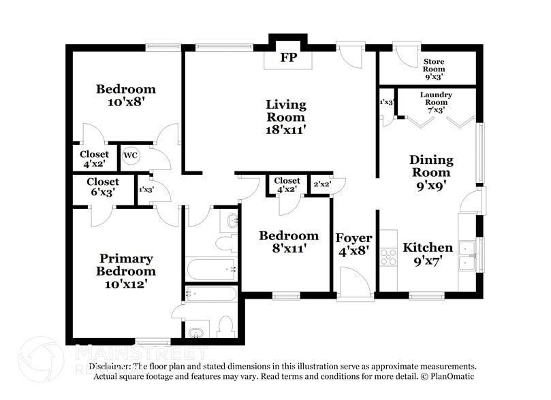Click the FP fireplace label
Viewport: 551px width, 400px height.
pos(288,58)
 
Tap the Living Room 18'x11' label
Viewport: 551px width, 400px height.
pos(285,116)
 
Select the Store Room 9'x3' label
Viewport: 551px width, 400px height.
pos(434,69)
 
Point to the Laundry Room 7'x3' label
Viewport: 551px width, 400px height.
pos(436,102)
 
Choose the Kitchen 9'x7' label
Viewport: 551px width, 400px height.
pos(428,254)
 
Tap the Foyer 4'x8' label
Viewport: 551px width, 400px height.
pos(353,244)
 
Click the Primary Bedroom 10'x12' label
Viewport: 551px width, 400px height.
pos(126,271)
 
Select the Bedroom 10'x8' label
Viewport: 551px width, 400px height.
pos(125,95)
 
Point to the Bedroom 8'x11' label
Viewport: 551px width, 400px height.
pos(289,242)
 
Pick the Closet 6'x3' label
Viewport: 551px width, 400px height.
pos(102,187)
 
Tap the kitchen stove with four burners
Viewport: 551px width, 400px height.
pos(388,256)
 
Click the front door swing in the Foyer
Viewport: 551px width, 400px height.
pos(354,281)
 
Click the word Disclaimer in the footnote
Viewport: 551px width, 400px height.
pos(109,366)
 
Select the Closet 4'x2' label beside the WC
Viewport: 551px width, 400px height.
pos(94,159)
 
